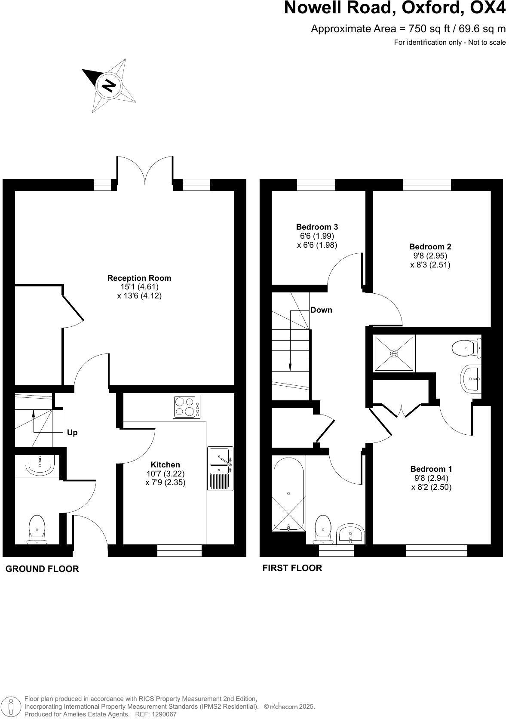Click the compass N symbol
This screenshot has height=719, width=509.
[x=109, y=86]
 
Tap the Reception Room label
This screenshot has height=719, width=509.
[x=139, y=278]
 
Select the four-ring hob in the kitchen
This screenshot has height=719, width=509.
[x=187, y=406]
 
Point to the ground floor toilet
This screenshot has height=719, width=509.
[x=37, y=529]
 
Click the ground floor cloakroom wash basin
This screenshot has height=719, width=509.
[x=40, y=464]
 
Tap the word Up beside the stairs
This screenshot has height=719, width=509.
[x=72, y=433]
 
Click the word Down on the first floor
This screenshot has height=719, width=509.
[x=321, y=310]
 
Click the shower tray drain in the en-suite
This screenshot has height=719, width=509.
[x=394, y=353]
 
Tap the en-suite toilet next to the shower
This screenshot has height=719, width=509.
[x=466, y=347]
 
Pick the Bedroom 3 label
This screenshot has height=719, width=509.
[x=317, y=227]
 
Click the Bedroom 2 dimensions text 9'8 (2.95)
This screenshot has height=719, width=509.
[x=430, y=255]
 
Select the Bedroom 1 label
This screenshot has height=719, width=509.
[x=431, y=469]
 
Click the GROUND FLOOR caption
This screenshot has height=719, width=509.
[x=42, y=569]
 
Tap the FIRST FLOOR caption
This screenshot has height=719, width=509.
[x=292, y=568]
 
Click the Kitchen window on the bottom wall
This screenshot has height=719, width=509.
[x=179, y=550]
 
